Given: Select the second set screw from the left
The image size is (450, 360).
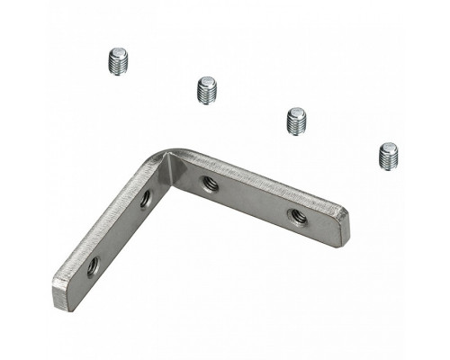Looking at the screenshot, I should click(208, 89).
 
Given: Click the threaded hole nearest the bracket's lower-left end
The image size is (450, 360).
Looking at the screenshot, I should click(93, 265).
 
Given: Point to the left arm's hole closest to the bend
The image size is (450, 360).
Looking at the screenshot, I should click(146, 198).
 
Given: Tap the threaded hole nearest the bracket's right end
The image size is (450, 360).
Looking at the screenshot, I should click(296, 215).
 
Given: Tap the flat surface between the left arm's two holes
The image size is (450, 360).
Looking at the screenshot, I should click(119, 232).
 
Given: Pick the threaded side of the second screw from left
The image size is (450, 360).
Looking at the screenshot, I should click(208, 94).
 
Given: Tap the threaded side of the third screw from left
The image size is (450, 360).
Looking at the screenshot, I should click(298, 125).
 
